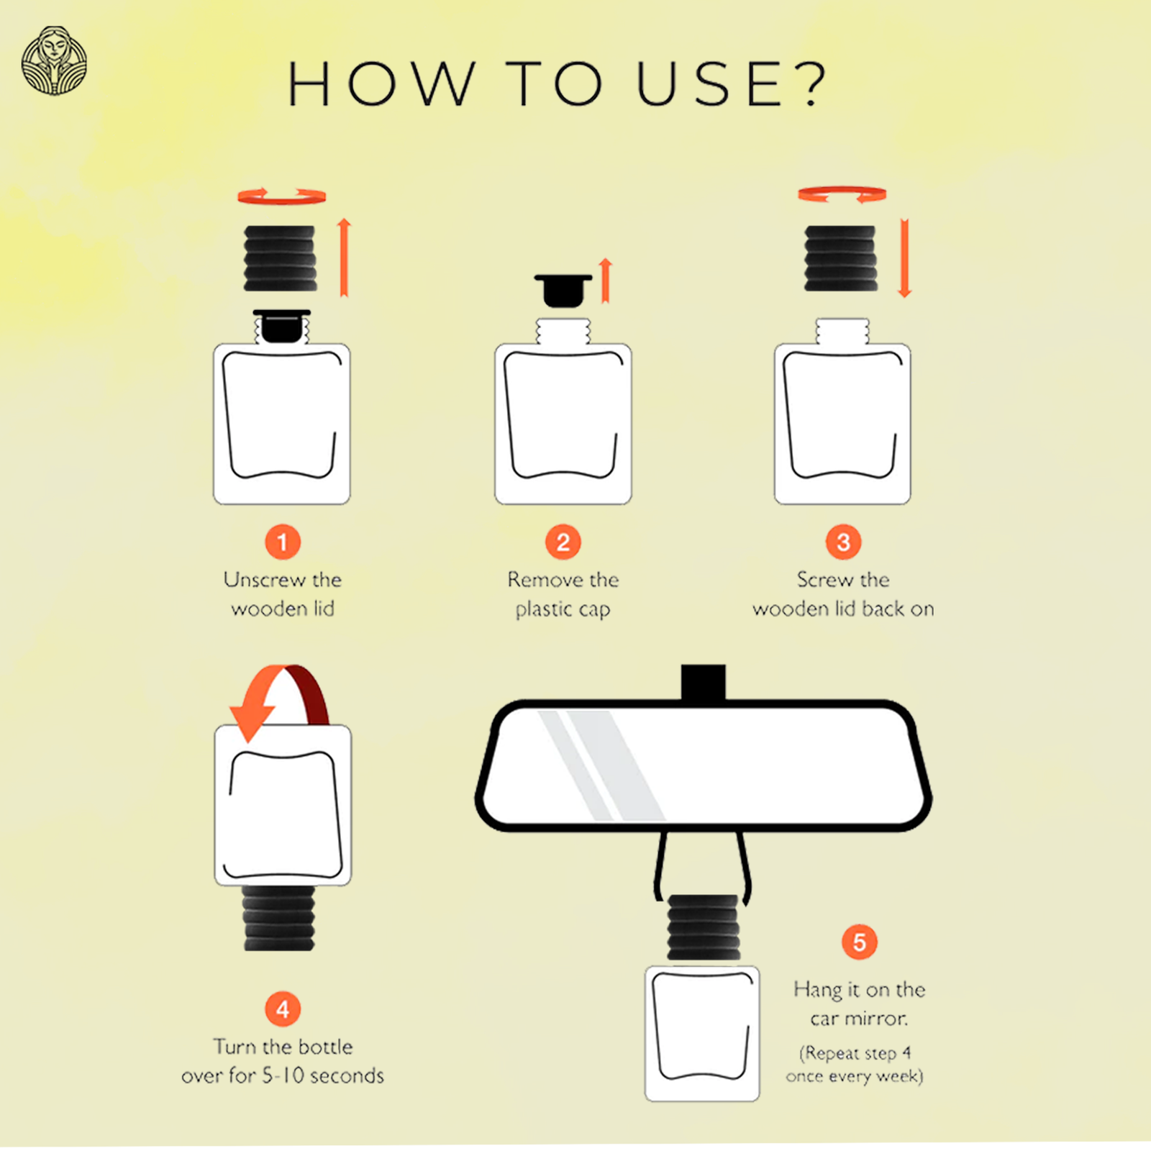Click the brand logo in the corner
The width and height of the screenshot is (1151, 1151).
pyautogui.click(x=54, y=61)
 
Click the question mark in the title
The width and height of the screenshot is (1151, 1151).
pyautogui.click(x=814, y=84)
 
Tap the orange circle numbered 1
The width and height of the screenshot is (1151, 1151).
pyautogui.click(x=282, y=542)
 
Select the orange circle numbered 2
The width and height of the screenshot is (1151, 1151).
pyautogui.click(x=563, y=542)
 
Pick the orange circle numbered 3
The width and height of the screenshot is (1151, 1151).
pyautogui.click(x=843, y=542)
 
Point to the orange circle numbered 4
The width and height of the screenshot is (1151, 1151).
pyautogui.click(x=282, y=1009)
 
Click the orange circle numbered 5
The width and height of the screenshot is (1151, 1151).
pyautogui.click(x=859, y=942)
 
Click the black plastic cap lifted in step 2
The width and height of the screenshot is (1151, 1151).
pyautogui.click(x=563, y=290)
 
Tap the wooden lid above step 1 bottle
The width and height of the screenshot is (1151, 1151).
pyautogui.click(x=281, y=258)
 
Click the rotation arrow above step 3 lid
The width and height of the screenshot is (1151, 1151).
pyautogui.click(x=842, y=194)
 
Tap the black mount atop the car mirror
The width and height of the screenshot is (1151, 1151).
pyautogui.click(x=703, y=682)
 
